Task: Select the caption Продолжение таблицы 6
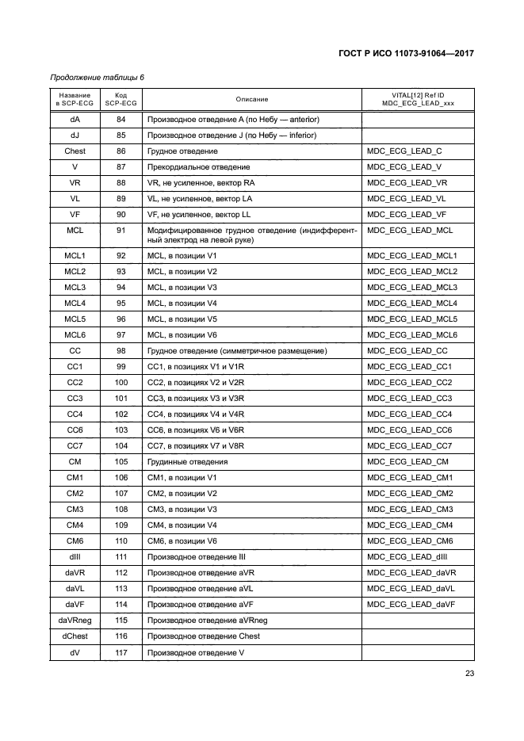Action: (x=97, y=78)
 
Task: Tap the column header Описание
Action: (x=251, y=99)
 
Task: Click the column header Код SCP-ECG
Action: (x=121, y=99)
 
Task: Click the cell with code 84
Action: (x=121, y=119)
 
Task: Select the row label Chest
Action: (x=75, y=151)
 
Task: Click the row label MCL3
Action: (x=75, y=287)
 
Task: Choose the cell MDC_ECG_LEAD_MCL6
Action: (x=413, y=334)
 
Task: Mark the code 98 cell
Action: (x=121, y=350)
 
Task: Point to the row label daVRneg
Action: (x=75, y=620)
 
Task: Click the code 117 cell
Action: (x=121, y=651)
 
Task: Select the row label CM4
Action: (x=75, y=525)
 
